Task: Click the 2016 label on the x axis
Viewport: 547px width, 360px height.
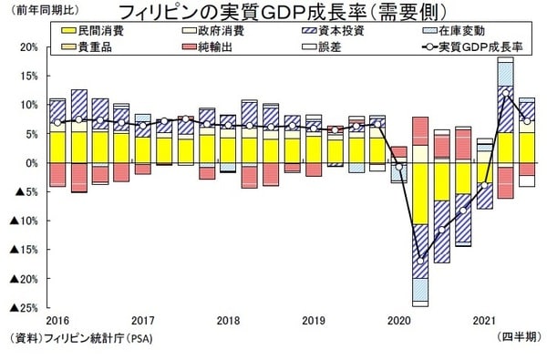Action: tap(57, 322)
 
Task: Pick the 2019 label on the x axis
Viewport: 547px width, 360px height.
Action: tap(315, 322)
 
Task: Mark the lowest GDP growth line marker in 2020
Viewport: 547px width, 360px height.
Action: tap(420, 260)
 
